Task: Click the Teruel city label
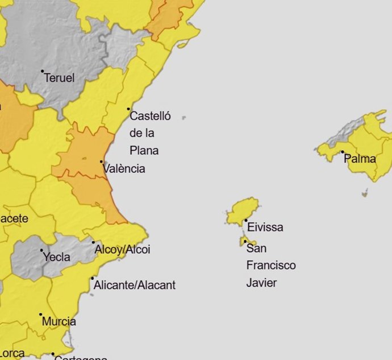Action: pos(59,78)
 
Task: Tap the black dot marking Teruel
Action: pos(43,72)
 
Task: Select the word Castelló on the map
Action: pos(150,117)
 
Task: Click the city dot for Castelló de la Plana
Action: pos(128,109)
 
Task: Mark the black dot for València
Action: pos(102,162)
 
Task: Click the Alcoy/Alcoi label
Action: pos(122,250)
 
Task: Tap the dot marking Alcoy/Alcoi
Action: pos(93,243)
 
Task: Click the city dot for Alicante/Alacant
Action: pos(93,279)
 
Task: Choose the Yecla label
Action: pos(57,257)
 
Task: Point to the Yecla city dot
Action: pos(41,250)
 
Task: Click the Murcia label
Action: pos(59,321)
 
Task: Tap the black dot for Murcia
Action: pos(41,315)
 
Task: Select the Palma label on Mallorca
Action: pos(360,159)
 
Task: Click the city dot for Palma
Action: pos(343,152)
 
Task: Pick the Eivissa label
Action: pos(265,227)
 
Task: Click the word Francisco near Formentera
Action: pos(271,266)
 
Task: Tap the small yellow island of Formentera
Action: pos(248,243)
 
